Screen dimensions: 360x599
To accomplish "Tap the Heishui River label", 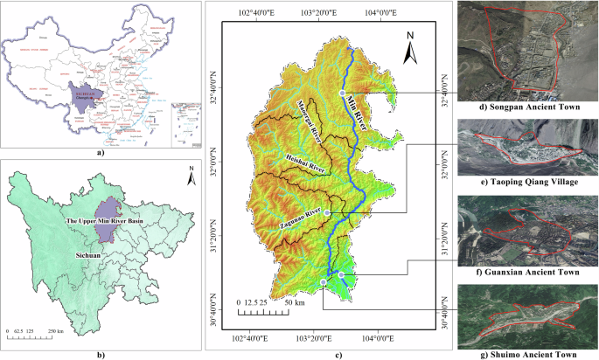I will click(304, 160).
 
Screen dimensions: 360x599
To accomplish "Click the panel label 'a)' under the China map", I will click(99, 152).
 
